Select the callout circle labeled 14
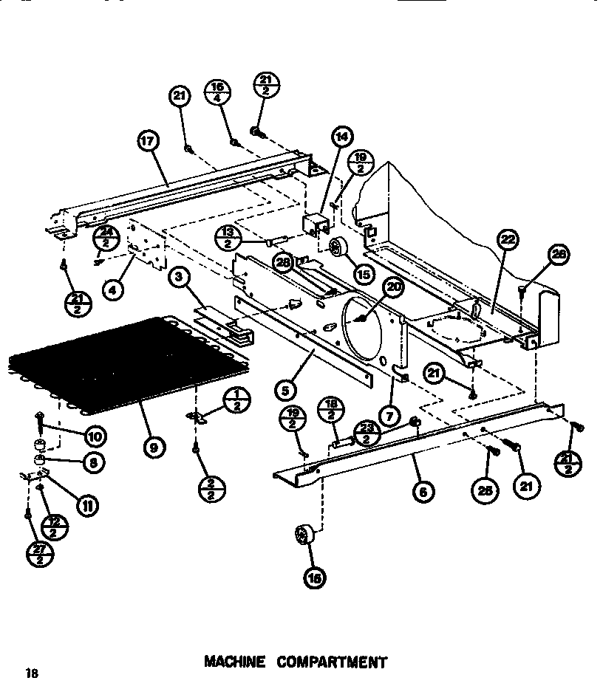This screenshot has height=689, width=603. [342, 137]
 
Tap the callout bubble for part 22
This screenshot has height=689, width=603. [508, 240]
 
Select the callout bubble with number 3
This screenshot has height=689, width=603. [178, 278]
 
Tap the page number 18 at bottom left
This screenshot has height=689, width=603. [30, 673]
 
